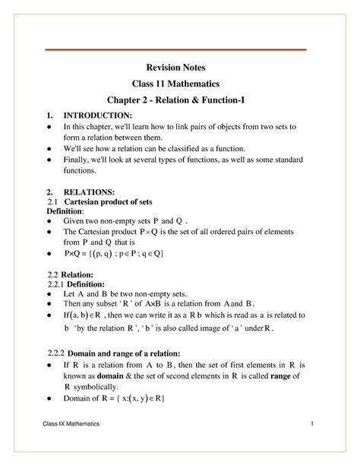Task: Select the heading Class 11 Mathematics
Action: click(x=181, y=83)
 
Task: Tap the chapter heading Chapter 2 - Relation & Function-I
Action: click(x=181, y=100)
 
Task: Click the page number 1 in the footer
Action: click(x=312, y=443)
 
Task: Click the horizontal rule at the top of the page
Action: click(x=181, y=49)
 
